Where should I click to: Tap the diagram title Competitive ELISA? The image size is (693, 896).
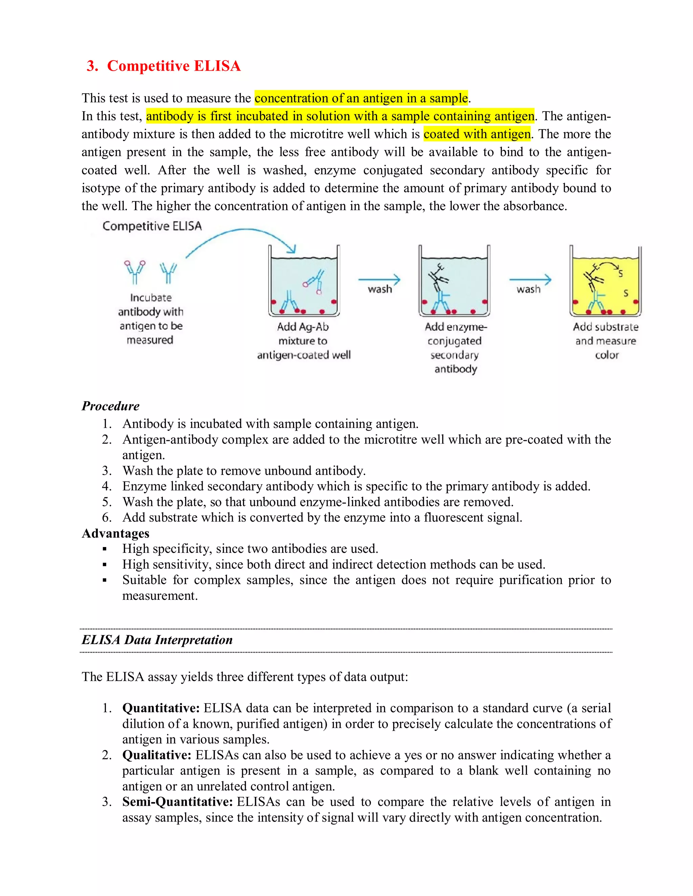[x=152, y=226]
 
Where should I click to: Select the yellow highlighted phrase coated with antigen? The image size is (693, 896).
[x=477, y=134]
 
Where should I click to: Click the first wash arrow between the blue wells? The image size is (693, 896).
[x=379, y=280]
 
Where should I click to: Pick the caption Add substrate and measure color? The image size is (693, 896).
[x=606, y=341]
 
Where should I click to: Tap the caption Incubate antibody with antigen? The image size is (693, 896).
[x=150, y=319]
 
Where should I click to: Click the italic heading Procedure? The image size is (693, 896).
[x=110, y=406]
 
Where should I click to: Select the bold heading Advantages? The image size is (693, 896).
[x=115, y=533]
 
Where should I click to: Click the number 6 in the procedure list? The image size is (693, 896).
[x=107, y=517]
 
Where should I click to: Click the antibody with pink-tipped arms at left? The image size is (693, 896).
[x=135, y=272]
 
